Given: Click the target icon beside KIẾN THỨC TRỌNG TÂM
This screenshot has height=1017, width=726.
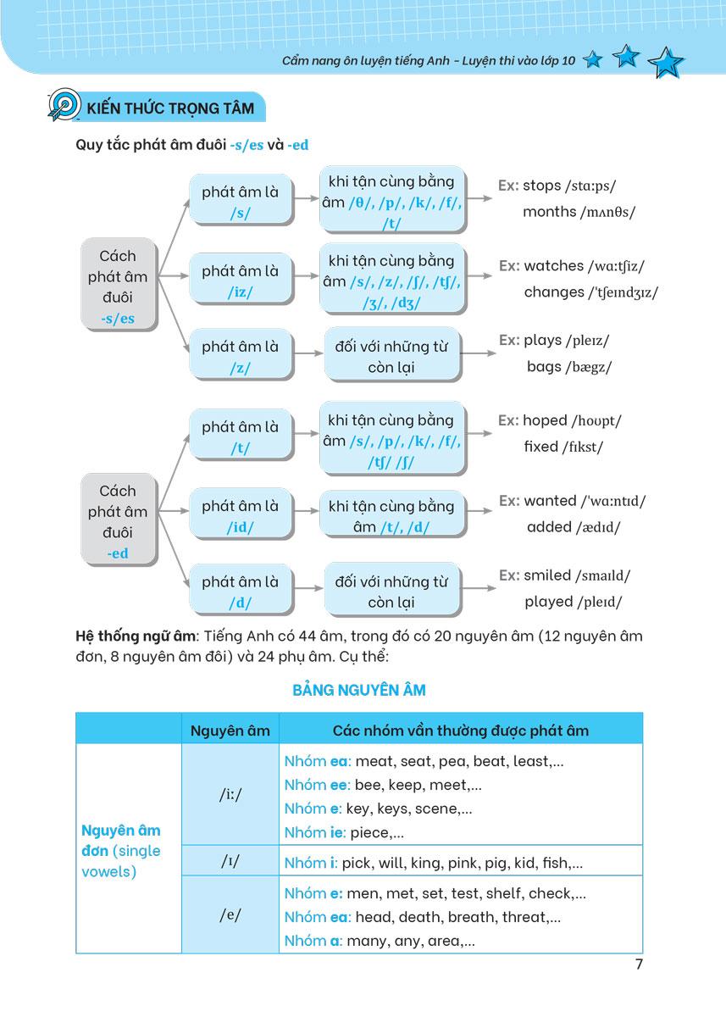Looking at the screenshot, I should pyautogui.click(x=64, y=106).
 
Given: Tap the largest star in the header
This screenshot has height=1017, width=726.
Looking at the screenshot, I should pyautogui.click(x=665, y=63).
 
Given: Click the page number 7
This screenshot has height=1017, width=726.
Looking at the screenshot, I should pyautogui.click(x=639, y=964).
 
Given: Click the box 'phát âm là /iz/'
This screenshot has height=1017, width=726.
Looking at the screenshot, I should pyautogui.click(x=240, y=281).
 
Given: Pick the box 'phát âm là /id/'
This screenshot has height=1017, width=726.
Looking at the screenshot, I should pyautogui.click(x=240, y=515).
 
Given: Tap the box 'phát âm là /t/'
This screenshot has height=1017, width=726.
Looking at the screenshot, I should pyautogui.click(x=240, y=437).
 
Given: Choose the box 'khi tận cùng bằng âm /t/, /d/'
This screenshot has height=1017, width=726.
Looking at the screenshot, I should pyautogui.click(x=391, y=515).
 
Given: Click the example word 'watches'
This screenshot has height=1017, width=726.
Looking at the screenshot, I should pyautogui.click(x=553, y=266).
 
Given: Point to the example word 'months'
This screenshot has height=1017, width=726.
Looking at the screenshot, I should pyautogui.click(x=549, y=212).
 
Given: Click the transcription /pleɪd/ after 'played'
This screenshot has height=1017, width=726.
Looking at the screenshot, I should pyautogui.click(x=599, y=603).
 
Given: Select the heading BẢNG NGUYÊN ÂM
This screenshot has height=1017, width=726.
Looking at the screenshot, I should pyautogui.click(x=359, y=690).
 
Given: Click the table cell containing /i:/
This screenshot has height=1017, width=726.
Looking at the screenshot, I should pyautogui.click(x=230, y=795).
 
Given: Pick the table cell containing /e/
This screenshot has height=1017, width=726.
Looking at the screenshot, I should pyautogui.click(x=230, y=915).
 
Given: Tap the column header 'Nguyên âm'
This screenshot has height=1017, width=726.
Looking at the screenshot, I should pyautogui.click(x=230, y=730).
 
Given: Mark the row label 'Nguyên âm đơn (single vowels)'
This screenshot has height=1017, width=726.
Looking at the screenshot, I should pyautogui.click(x=121, y=850).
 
